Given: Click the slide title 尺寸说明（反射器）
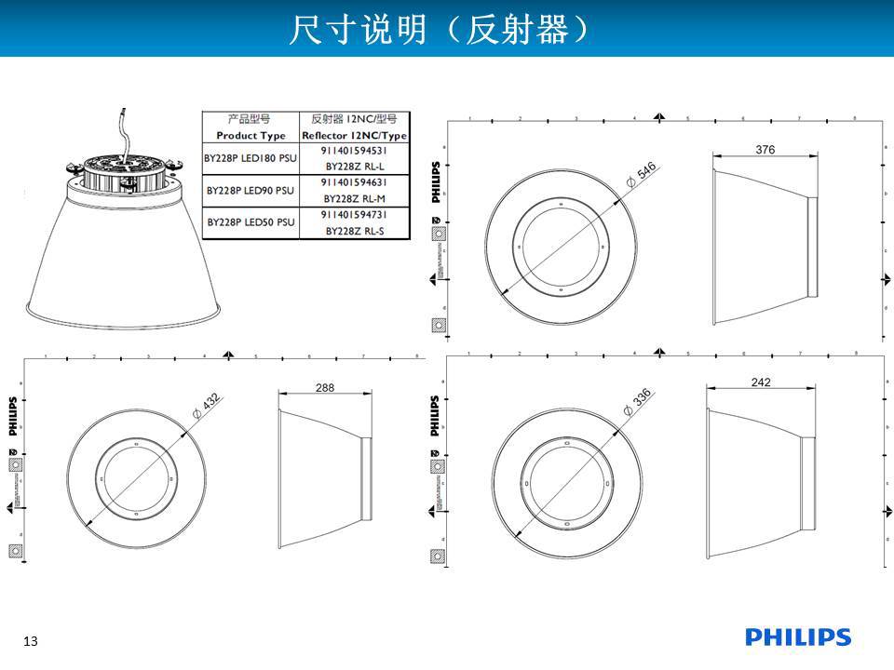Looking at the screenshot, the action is pos(439,29).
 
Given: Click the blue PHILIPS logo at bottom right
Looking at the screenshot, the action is pos(797,637).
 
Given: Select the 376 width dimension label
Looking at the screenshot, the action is pos(765,150).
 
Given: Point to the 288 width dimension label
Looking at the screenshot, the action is pos(324,387).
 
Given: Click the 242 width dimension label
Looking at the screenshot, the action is pos(760,382).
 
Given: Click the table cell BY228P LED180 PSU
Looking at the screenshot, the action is pos(250,158).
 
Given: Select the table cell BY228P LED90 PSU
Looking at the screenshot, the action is pos(250,190).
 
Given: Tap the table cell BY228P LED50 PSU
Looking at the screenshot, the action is pos(250,222).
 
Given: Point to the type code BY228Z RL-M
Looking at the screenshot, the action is pos(353,198).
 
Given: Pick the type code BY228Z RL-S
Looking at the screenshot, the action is pos(353,231).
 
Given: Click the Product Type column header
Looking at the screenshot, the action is pos(250,136).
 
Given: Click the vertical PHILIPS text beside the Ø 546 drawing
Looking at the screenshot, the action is pos(435,181).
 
